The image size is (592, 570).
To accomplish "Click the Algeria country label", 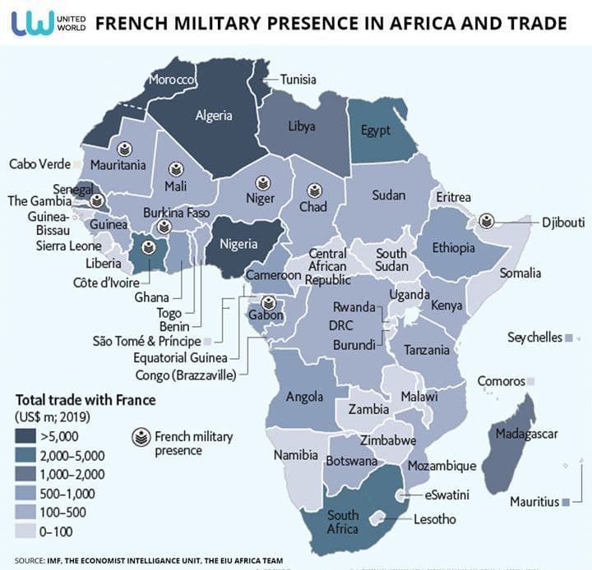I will tap(214, 116).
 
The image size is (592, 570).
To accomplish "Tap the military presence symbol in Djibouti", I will tap(487, 220).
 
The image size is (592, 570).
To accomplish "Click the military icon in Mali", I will tap(175, 169).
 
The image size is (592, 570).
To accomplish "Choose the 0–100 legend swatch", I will tap(28, 531).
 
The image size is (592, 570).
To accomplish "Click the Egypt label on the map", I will tap(375, 131).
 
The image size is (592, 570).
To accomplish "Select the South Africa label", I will tap(342, 522).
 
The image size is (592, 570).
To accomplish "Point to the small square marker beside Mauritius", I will tap(566, 502).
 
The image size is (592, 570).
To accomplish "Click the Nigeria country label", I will tap(238, 244).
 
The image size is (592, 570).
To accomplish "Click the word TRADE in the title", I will tap(534, 23).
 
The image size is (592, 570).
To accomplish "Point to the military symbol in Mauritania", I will tap(123, 149).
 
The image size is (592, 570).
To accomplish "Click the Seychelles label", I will tap(534, 338).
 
